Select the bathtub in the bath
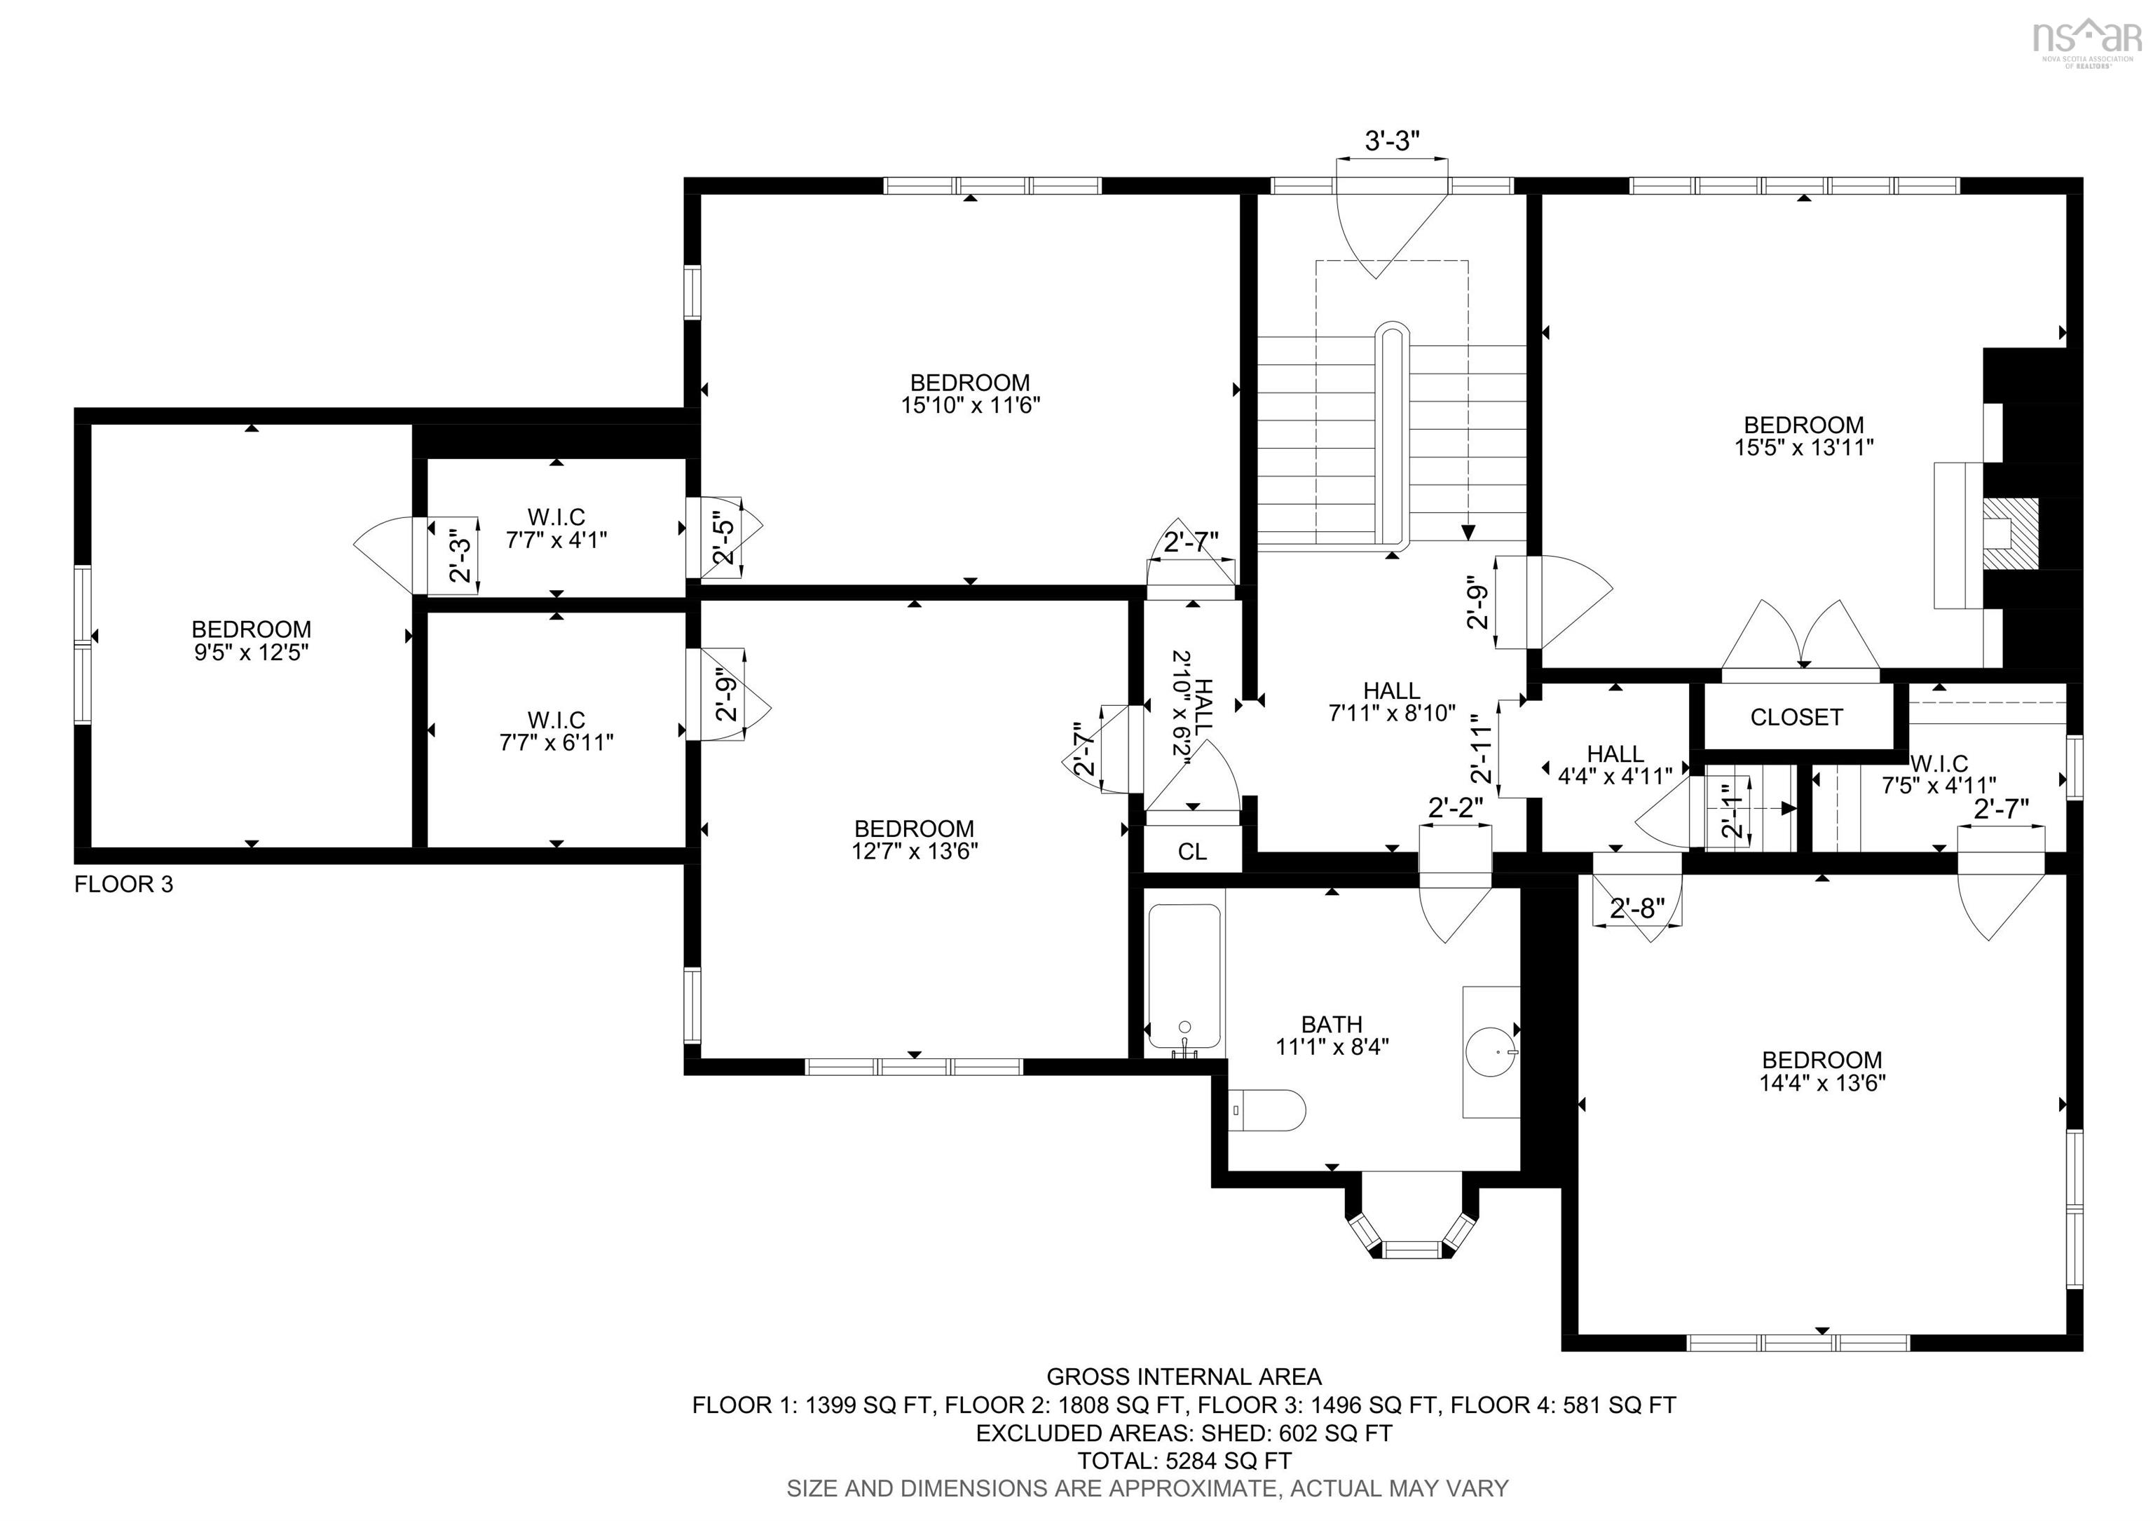1184,979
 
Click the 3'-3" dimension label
1392,141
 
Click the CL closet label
1192,852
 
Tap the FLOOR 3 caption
124,885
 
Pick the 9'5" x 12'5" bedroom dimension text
252,652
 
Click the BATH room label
1332,1025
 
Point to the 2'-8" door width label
1637,908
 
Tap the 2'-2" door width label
1456,807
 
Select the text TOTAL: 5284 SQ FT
1184,1460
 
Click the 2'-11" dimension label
1481,749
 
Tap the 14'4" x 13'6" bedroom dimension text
1822,1083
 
